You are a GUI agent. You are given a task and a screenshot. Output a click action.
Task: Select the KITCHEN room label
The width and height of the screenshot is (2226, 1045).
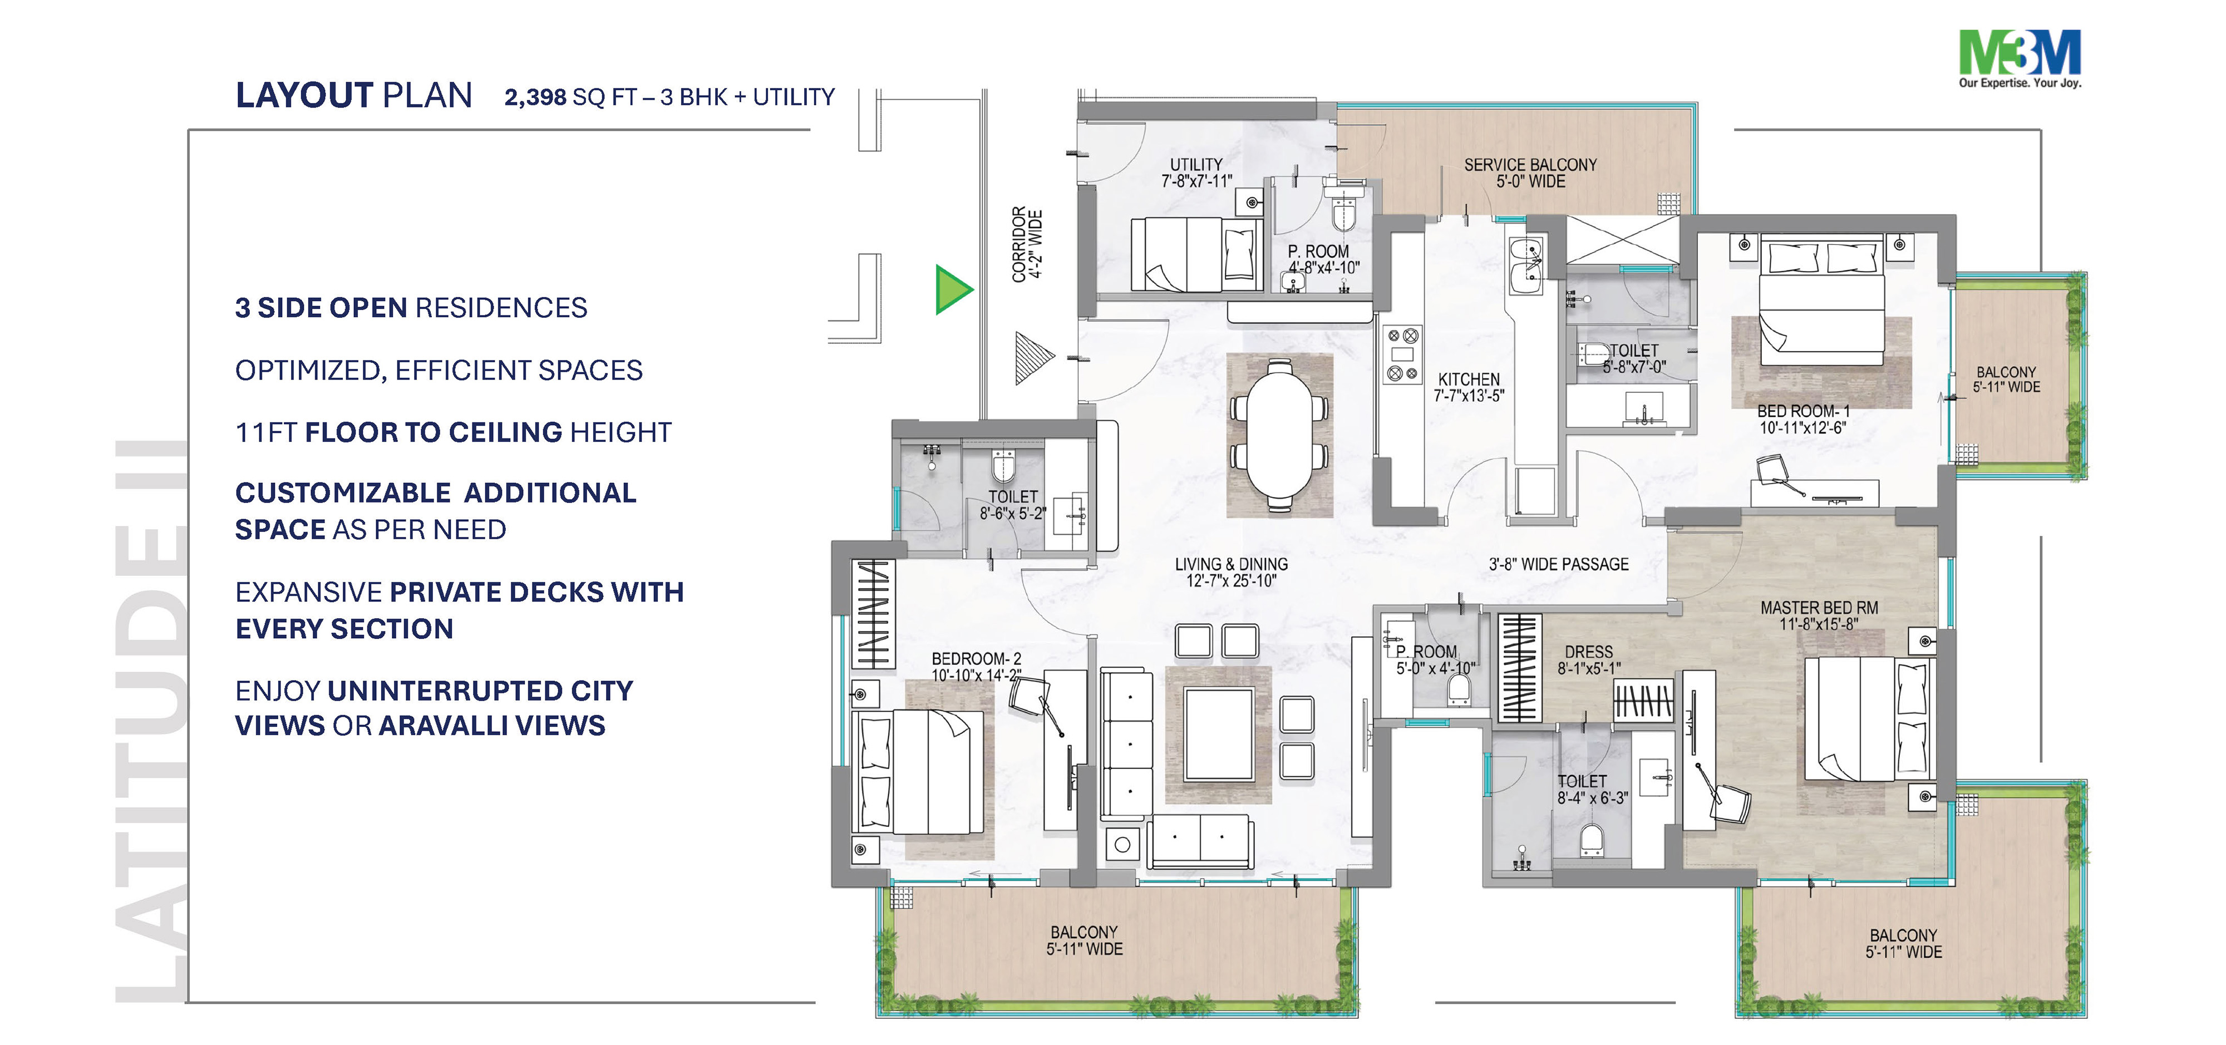point(1469,379)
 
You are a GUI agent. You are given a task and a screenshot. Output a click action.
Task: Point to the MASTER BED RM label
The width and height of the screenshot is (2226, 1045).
point(1819,608)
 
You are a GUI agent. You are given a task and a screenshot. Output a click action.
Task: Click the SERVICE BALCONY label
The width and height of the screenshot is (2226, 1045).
point(1530,164)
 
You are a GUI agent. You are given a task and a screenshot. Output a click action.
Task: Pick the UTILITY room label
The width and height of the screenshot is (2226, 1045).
point(1196,164)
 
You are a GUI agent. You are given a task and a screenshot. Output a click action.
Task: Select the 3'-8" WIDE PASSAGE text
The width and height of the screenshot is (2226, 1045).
point(1558,564)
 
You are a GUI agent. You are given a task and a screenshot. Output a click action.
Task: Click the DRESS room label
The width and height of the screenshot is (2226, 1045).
point(1588,652)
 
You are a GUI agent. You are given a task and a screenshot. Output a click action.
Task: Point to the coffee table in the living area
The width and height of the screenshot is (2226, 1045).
point(1219,735)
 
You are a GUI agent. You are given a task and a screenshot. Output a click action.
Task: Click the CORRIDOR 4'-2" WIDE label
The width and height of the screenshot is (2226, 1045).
point(1027,244)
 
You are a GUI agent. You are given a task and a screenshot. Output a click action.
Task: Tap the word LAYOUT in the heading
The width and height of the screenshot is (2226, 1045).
point(304,95)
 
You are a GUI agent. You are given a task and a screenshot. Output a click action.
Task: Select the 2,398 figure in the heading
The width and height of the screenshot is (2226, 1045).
point(536,97)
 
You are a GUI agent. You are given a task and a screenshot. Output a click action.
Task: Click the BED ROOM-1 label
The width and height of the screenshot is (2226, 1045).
point(1803,411)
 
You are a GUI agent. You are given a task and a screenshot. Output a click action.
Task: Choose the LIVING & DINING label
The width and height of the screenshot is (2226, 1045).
point(1232,564)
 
